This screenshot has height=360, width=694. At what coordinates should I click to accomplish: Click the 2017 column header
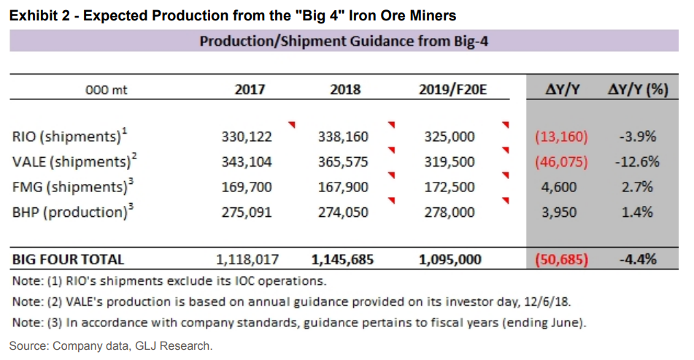tap(250, 90)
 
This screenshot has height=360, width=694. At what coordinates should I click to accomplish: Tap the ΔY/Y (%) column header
tap(638, 90)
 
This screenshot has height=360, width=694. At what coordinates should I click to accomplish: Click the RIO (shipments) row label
tap(66, 137)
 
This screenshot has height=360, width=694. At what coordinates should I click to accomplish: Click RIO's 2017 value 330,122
tap(247, 137)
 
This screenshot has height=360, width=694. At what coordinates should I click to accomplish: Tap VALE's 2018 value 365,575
tap(343, 162)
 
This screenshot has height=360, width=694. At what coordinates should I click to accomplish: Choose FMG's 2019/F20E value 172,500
tap(449, 187)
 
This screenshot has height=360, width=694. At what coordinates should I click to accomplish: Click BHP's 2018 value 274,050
tap(343, 212)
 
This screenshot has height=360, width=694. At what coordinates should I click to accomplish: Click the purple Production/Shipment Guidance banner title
tap(343, 42)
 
